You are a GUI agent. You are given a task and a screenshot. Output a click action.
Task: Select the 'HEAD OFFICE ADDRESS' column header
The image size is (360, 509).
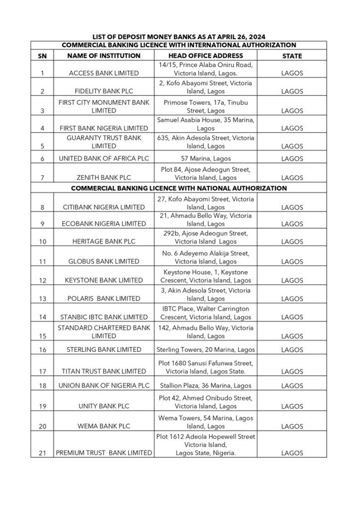(205, 56)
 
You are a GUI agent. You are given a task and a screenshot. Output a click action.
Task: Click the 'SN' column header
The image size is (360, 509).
(42, 56)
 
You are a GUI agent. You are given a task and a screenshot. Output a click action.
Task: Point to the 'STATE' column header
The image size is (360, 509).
(292, 56)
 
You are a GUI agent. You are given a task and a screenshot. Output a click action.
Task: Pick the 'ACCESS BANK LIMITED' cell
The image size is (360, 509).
(104, 73)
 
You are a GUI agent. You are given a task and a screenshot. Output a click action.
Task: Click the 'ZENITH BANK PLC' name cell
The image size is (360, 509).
(104, 177)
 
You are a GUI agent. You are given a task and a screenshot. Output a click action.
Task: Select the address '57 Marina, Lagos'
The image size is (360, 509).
(205, 159)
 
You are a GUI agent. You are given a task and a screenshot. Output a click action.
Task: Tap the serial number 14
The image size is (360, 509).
(42, 317)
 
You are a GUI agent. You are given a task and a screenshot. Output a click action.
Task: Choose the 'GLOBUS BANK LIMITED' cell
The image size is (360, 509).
(104, 261)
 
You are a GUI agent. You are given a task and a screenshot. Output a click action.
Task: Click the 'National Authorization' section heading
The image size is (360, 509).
(179, 188)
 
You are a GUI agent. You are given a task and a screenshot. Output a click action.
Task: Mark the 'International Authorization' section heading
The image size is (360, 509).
(179, 45)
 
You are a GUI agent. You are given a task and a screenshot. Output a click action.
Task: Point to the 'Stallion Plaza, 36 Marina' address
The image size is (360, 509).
(205, 385)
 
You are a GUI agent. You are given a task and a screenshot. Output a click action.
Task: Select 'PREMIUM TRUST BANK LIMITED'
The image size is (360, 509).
(104, 453)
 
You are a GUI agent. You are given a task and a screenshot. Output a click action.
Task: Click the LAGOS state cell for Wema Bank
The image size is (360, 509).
(292, 426)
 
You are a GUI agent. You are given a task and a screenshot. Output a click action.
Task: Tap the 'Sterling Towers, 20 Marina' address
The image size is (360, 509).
(205, 349)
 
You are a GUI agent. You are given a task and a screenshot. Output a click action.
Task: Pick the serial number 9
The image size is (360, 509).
(42, 224)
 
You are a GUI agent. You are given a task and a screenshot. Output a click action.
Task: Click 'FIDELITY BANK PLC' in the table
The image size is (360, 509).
(104, 91)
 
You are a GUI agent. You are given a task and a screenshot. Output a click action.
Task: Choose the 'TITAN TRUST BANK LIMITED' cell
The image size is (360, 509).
(104, 371)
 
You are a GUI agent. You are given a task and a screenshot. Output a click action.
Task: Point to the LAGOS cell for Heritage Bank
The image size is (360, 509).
(292, 242)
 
